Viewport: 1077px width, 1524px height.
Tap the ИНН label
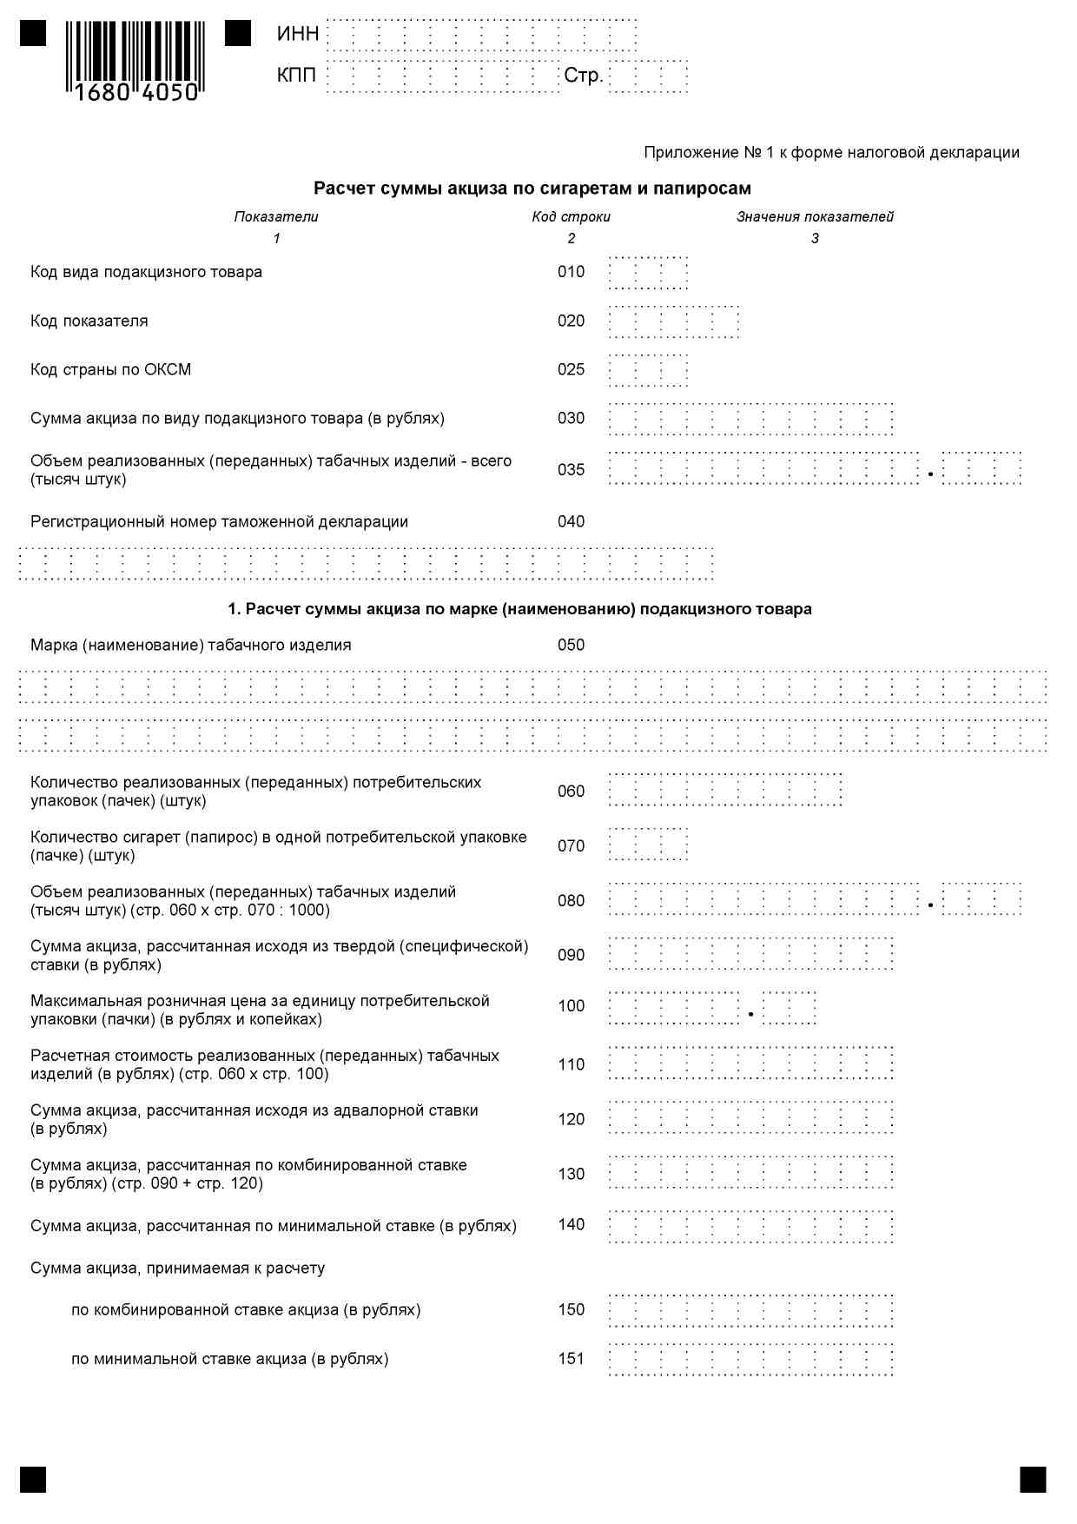298,34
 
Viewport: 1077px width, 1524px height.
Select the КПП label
296,76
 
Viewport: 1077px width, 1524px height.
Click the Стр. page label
583,76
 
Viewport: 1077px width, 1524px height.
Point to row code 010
571,272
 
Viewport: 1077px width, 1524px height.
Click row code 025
571,369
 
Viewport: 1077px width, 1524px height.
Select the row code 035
571,470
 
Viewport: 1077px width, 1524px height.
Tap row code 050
571,645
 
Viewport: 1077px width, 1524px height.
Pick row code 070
571,845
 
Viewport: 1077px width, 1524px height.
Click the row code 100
571,1006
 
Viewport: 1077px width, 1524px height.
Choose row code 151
571,1359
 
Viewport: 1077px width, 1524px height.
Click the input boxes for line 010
648,273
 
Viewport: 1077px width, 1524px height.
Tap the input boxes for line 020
674,321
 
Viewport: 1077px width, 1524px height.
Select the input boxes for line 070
648,845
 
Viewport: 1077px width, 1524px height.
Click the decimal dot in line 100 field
750,1014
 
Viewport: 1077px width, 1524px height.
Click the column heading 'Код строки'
571,217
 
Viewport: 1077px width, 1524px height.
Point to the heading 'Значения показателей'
815,217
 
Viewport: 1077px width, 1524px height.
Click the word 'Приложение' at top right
690,153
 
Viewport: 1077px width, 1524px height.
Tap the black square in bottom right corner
1033,1479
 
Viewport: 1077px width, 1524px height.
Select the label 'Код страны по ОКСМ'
110,369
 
